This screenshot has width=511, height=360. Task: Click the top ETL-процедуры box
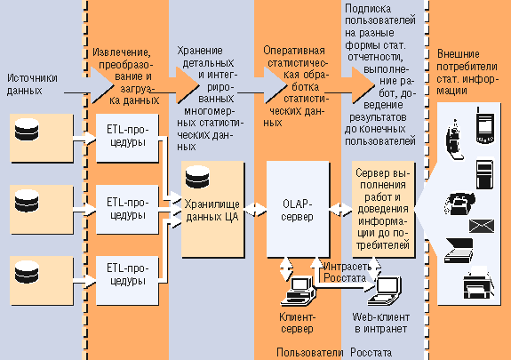click(127, 138)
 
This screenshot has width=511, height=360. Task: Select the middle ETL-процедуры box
click(127, 210)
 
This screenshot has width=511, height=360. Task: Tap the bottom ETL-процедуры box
click(127, 280)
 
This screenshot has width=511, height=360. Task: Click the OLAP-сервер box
click(298, 209)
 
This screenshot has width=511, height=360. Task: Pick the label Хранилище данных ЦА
click(212, 211)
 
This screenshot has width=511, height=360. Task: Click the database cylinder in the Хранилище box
click(197, 177)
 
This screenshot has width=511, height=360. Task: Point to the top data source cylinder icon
click(27, 130)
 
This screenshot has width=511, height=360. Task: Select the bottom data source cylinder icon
click(27, 272)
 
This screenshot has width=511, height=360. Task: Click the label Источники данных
click(32, 84)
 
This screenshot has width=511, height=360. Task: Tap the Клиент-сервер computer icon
click(299, 291)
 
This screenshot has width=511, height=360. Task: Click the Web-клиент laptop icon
click(385, 292)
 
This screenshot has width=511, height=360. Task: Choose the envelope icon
click(482, 226)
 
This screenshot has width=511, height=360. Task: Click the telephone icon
click(459, 204)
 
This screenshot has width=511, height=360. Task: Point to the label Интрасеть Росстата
click(347, 272)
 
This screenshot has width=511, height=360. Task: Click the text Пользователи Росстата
click(334, 353)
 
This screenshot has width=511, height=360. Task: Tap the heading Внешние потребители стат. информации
click(467, 72)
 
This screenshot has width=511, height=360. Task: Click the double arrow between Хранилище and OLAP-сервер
click(256, 210)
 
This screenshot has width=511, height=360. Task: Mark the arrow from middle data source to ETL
click(84, 210)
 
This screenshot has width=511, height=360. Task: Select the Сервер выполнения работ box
click(383, 209)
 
